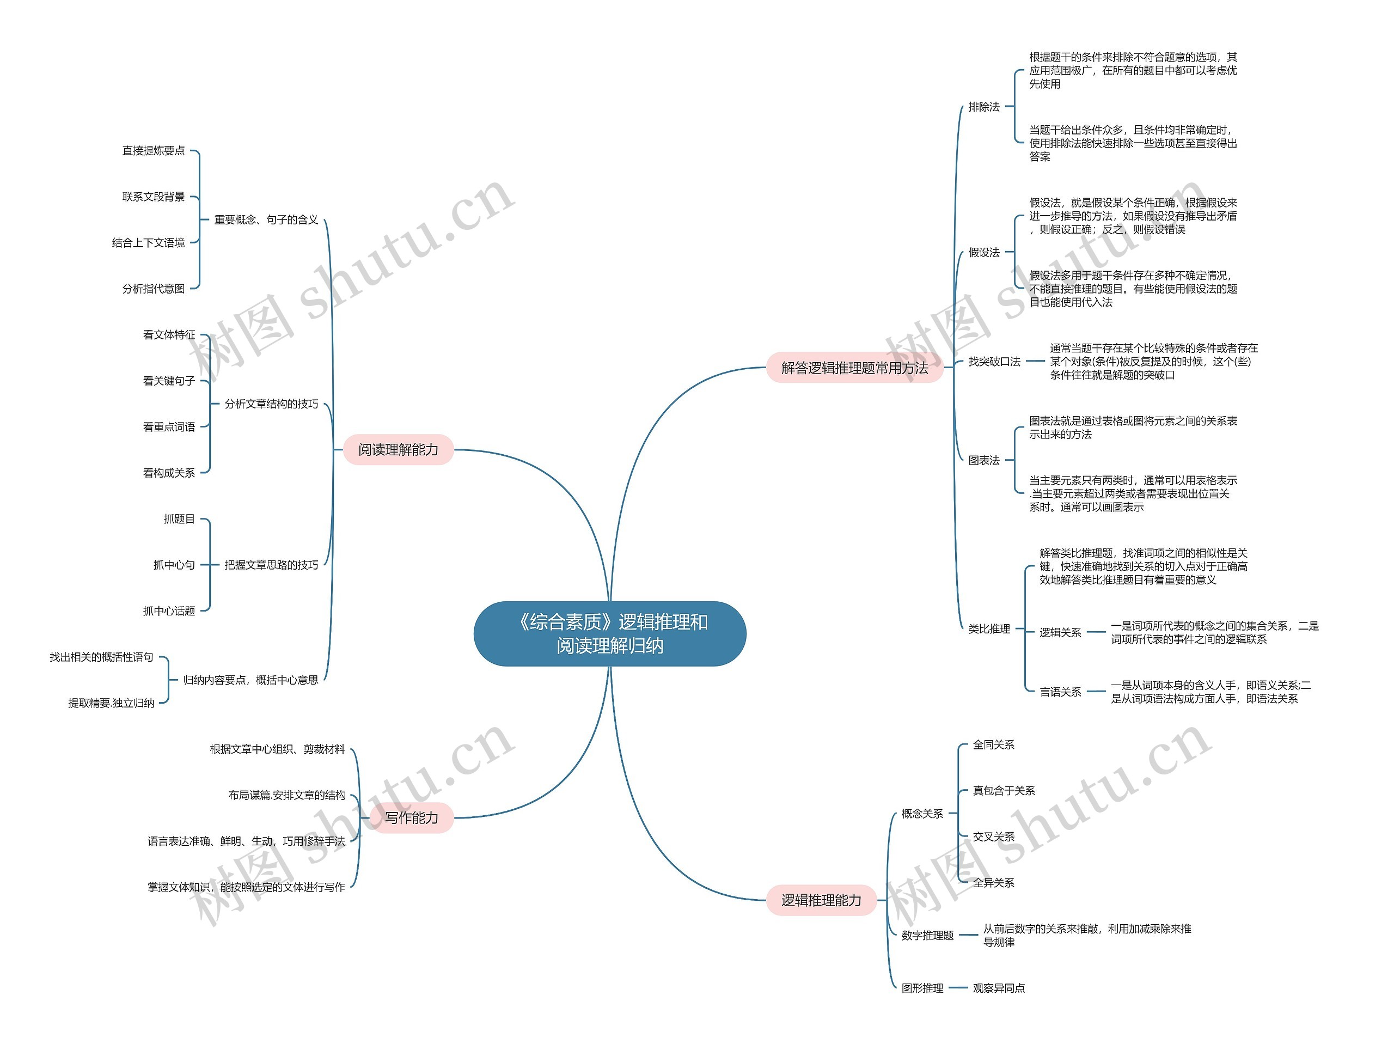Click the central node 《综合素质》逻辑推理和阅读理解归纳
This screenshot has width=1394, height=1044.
pyautogui.click(x=609, y=633)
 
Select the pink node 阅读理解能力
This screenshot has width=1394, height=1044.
pyautogui.click(x=398, y=449)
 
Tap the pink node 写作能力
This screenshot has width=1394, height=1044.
pyautogui.click(x=412, y=817)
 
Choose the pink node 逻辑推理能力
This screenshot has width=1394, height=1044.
pyautogui.click(x=821, y=900)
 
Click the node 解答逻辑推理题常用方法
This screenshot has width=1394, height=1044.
pyautogui.click(x=854, y=368)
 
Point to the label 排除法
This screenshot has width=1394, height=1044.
pyautogui.click(x=984, y=107)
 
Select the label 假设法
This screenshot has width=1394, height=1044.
pyautogui.click(x=984, y=253)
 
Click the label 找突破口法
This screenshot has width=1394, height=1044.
pyautogui.click(x=994, y=362)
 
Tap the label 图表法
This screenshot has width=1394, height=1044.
pyautogui.click(x=984, y=461)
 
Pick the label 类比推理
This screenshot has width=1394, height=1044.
pyautogui.click(x=989, y=629)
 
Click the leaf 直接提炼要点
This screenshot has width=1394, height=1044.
pyautogui.click(x=154, y=151)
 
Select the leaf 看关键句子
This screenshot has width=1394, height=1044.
pyautogui.click(x=169, y=381)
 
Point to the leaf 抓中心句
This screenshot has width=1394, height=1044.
pyautogui.click(x=174, y=565)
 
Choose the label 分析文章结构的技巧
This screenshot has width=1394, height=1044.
pyautogui.click(x=272, y=404)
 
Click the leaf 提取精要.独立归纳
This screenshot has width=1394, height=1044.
pyautogui.click(x=112, y=703)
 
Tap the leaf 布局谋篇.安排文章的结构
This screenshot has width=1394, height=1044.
pyautogui.click(x=287, y=796)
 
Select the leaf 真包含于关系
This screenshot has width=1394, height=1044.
pyautogui.click(x=1004, y=791)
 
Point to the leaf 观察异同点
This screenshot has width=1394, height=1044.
pyautogui.click(x=999, y=988)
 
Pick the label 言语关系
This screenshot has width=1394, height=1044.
pyautogui.click(x=1060, y=692)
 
